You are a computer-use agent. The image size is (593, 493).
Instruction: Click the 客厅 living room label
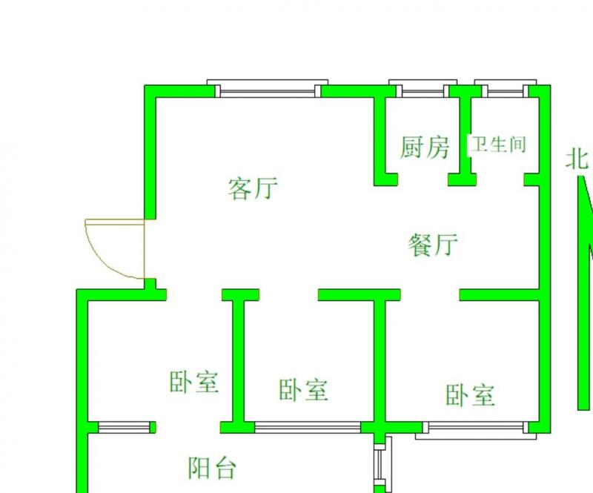point(253,188)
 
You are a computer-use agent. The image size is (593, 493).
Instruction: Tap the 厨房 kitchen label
point(425,147)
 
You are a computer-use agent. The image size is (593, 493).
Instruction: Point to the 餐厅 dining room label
point(434,244)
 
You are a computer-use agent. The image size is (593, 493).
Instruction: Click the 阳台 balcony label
point(212,468)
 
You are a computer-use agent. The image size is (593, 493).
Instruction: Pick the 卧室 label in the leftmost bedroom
point(194,383)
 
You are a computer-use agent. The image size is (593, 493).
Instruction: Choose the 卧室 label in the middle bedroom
point(304,389)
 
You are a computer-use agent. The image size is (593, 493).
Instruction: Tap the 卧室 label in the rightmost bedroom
point(471,394)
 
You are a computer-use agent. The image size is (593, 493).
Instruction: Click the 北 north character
point(577,159)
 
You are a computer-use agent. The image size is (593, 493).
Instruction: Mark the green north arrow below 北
point(584,297)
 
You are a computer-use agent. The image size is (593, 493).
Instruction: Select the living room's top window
point(267,89)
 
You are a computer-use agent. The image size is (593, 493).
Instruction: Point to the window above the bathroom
point(505,90)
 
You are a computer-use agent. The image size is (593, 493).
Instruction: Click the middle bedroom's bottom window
point(308,427)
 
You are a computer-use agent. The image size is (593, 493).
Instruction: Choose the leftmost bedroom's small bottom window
point(124,427)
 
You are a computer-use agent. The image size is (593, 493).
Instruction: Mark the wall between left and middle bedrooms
point(239,360)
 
